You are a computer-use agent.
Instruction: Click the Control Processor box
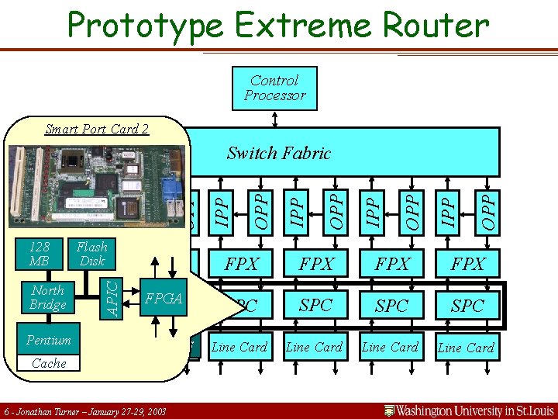(274, 88)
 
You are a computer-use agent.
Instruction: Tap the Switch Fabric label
(278, 153)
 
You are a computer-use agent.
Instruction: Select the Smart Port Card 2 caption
(97, 129)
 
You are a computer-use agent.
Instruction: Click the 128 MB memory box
(39, 253)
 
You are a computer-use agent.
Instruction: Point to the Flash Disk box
(91, 253)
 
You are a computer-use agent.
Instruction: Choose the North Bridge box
(48, 298)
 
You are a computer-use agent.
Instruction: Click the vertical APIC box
(112, 298)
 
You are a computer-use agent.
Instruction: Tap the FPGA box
(164, 298)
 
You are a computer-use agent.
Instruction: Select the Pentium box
(49, 340)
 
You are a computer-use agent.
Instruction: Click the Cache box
(49, 363)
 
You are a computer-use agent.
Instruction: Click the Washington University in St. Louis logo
(470, 410)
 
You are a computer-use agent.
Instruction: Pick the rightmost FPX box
(467, 264)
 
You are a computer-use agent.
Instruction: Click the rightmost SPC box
(467, 306)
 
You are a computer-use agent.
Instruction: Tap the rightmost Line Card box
(466, 348)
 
